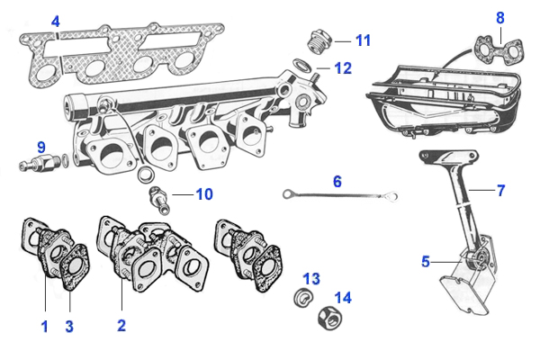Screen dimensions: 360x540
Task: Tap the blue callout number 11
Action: [x=362, y=40]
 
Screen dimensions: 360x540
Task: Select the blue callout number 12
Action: [x=343, y=67]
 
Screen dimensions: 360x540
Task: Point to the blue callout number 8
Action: [x=500, y=17]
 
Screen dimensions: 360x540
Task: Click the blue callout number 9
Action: [x=40, y=146]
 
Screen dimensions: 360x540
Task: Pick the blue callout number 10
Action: [x=204, y=193]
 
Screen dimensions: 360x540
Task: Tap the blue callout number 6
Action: [x=337, y=181]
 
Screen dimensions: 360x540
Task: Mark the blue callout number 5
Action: [x=425, y=262]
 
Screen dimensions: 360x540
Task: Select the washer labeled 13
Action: [x=303, y=296]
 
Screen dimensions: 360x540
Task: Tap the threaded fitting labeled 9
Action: [x=38, y=165]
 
